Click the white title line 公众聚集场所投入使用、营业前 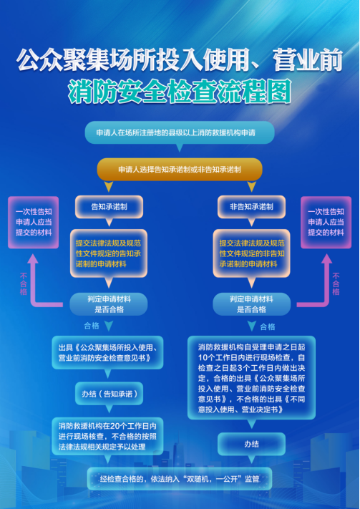click(180, 61)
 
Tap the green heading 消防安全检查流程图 click(180, 92)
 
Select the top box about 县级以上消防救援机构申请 click(180, 132)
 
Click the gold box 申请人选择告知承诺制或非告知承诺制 click(180, 170)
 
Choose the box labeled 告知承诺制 click(109, 207)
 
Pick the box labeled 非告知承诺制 click(251, 207)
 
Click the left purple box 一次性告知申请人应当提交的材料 click(34, 223)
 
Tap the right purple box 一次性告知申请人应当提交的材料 click(326, 223)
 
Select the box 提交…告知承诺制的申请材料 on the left click(109, 253)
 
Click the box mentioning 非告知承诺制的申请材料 click(252, 253)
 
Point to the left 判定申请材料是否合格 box click(109, 304)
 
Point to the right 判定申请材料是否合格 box click(251, 304)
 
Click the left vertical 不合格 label click(24, 283)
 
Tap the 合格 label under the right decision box click(268, 327)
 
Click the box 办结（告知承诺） click(109, 394)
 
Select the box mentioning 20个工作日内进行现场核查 click(107, 436)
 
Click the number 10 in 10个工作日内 click(203, 357)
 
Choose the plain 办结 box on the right click(251, 444)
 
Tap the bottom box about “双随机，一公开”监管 click(180, 478)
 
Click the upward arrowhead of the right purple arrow click(326, 258)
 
